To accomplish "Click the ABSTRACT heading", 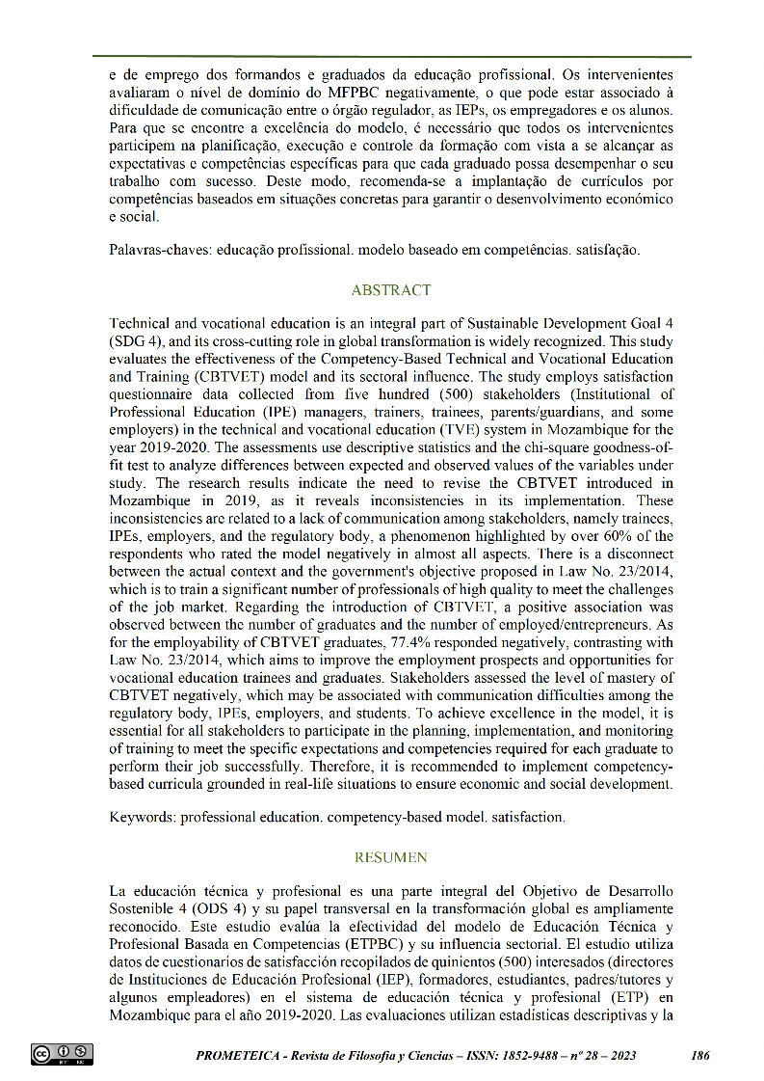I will click(391, 290).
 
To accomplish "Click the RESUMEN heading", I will click(391, 857).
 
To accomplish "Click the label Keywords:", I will click(143, 818).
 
